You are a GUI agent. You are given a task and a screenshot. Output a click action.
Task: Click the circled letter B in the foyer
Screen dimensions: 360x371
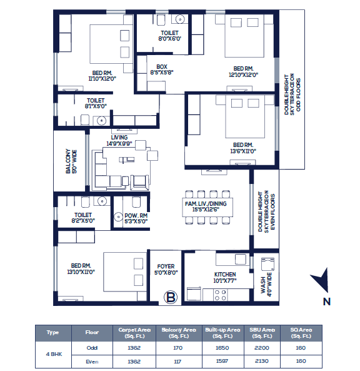pyautogui.click(x=171, y=297)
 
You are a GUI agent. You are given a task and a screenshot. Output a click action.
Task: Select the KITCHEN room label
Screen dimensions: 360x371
pyautogui.click(x=225, y=275)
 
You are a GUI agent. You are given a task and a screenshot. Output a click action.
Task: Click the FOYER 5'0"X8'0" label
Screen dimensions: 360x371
pyautogui.click(x=166, y=270)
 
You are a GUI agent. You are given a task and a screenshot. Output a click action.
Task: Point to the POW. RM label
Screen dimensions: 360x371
pyautogui.click(x=136, y=216)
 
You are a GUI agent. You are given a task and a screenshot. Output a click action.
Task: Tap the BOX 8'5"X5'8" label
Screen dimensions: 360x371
pyautogui.click(x=162, y=69)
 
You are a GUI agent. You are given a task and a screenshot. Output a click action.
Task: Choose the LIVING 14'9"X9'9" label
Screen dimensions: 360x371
pyautogui.click(x=119, y=141)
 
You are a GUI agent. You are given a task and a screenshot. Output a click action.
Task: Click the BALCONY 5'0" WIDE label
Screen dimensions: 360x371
pyautogui.click(x=71, y=161)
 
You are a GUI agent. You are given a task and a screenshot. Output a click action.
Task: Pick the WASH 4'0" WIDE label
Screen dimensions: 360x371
pyautogui.click(x=266, y=285)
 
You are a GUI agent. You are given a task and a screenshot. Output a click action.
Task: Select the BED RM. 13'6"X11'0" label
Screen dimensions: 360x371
pyautogui.click(x=243, y=148)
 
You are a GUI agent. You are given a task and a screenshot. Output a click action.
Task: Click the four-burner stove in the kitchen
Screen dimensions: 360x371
pyautogui.click(x=220, y=295)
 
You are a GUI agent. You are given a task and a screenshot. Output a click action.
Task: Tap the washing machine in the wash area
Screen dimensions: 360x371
pyautogui.click(x=268, y=264)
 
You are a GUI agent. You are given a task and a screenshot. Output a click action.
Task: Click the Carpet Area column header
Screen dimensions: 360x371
pyautogui.click(x=134, y=333)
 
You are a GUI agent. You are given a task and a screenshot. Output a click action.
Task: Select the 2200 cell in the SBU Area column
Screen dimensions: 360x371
pyautogui.click(x=262, y=348)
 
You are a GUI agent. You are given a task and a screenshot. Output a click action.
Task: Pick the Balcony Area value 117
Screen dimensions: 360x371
pyautogui.click(x=177, y=362)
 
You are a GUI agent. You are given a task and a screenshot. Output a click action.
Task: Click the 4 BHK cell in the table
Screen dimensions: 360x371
pyautogui.click(x=54, y=354)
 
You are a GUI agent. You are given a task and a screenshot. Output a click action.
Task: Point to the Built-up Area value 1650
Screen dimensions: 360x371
pyautogui.click(x=222, y=348)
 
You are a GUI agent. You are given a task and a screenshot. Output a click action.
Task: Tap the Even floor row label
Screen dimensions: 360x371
pyautogui.click(x=92, y=362)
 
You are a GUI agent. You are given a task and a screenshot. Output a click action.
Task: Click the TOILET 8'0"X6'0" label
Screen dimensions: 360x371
pyautogui.click(x=170, y=36)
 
